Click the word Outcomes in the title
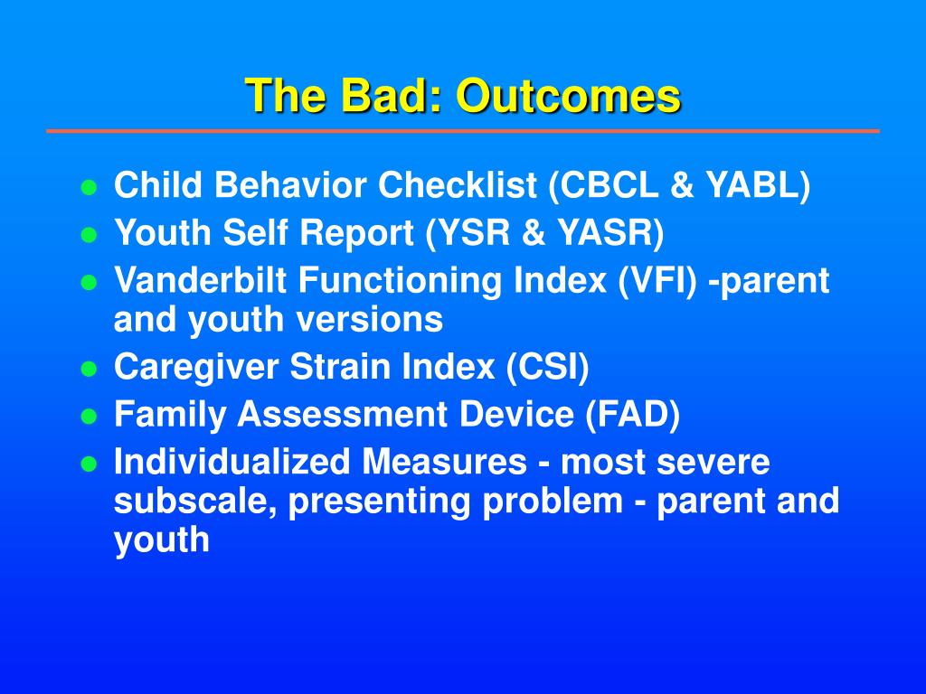coord(568,96)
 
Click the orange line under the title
coord(463,131)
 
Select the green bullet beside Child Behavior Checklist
coord(89,188)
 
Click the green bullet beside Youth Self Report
coord(89,235)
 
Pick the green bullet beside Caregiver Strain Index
coord(89,370)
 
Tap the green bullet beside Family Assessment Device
coord(89,417)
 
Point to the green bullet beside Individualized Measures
coord(89,464)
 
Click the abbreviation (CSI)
coord(547,368)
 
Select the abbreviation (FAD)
coord(632,415)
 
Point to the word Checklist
coord(457,185)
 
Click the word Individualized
coord(231,462)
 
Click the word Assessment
coord(342,414)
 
